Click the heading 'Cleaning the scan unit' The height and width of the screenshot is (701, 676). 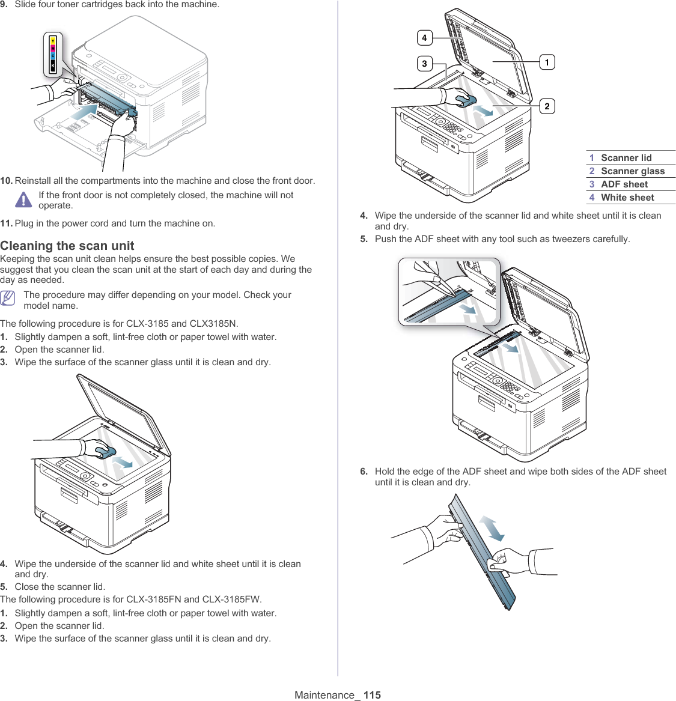pos(67,246)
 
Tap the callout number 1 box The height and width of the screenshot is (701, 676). pos(547,62)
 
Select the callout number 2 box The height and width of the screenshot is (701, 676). pos(547,106)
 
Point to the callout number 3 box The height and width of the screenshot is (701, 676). pos(424,63)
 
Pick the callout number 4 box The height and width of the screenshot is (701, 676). pos(424,38)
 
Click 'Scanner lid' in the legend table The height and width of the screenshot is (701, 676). pos(626,158)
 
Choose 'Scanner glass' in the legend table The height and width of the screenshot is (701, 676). pos(633,171)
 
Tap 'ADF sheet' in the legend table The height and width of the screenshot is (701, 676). pos(624,184)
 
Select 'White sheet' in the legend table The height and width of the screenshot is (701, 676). pos(627,198)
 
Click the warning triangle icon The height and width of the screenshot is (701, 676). pos(23,199)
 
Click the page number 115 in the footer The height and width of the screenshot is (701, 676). pos(372,695)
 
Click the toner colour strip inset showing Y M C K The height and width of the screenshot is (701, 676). pos(53,54)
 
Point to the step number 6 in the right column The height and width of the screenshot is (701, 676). pos(364,472)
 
